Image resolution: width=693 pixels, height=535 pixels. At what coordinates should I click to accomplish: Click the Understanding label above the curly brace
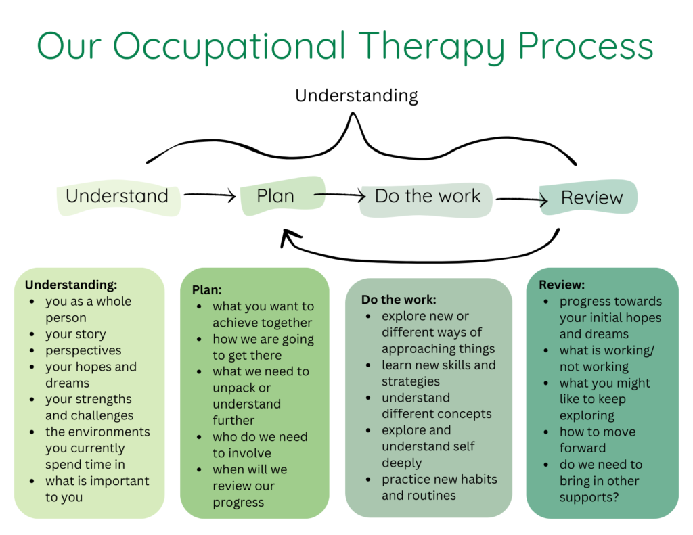pos(357,95)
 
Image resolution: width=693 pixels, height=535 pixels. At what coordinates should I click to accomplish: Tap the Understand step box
pos(118,197)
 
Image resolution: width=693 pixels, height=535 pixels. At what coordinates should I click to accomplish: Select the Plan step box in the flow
pos(276,196)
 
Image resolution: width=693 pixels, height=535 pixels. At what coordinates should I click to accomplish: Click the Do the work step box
pos(427,197)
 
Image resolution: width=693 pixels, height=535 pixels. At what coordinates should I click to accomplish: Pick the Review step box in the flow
pos(591,198)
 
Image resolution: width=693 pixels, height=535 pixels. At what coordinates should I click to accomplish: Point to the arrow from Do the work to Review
pos(521,200)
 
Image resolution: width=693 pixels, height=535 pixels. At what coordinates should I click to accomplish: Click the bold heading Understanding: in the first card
pos(71,285)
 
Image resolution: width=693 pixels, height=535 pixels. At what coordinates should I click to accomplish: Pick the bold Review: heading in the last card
pos(562,285)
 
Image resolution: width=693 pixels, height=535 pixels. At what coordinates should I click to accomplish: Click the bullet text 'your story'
pos(76,334)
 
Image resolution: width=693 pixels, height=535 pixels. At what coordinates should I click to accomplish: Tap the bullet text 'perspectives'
pos(83,350)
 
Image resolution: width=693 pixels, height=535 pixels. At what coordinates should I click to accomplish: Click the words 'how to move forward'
pos(597,440)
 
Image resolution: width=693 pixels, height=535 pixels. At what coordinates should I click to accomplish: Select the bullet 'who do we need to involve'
pos(260,445)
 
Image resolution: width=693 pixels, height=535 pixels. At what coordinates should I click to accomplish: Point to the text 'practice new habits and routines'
pos(439,487)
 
